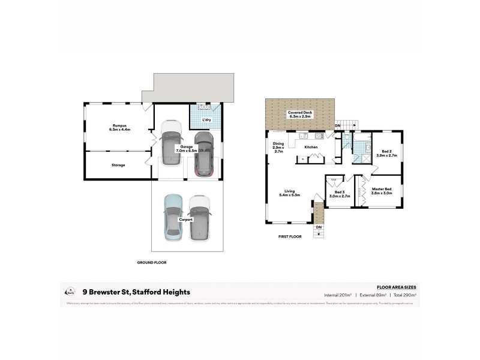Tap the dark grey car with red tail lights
(203, 154)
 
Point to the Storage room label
(118, 164)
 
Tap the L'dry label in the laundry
(205, 119)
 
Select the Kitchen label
(310, 147)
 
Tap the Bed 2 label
(386, 152)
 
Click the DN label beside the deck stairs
(338, 125)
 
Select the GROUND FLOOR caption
(152, 262)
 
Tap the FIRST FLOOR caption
(290, 236)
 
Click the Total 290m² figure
(403, 295)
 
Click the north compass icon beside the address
(70, 292)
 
